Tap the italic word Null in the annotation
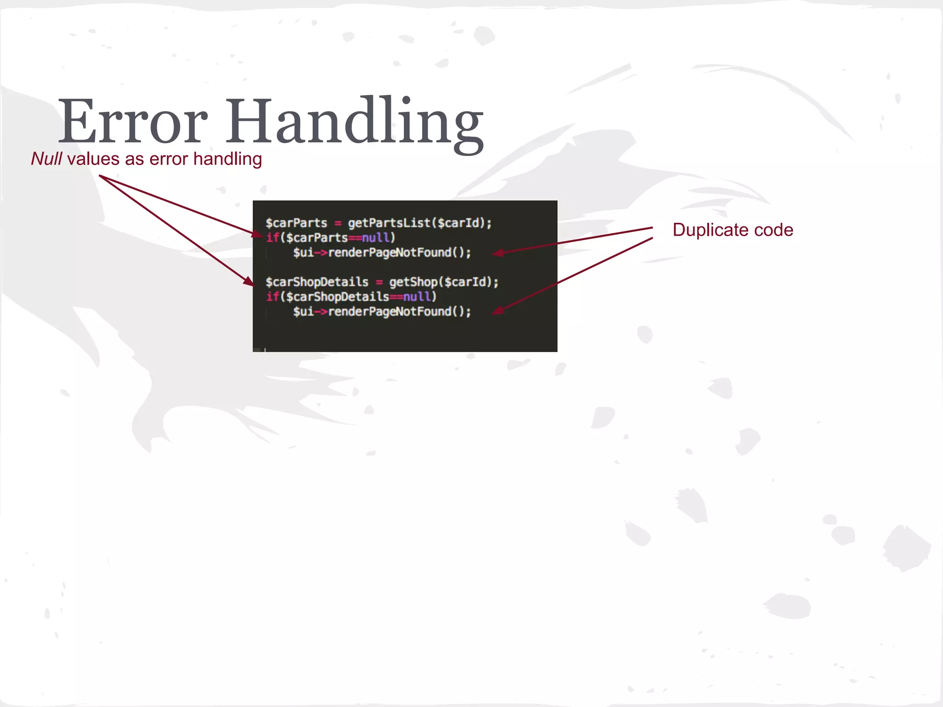(x=46, y=159)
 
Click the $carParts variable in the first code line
(x=296, y=223)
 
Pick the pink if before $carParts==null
(x=273, y=238)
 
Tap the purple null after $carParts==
(x=376, y=238)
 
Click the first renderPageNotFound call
(x=390, y=253)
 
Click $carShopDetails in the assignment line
(x=317, y=282)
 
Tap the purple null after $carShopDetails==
(x=417, y=297)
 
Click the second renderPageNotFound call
(x=390, y=312)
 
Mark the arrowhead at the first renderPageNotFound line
(x=497, y=253)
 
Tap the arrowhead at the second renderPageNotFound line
(x=497, y=311)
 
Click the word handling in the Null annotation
(x=227, y=159)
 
